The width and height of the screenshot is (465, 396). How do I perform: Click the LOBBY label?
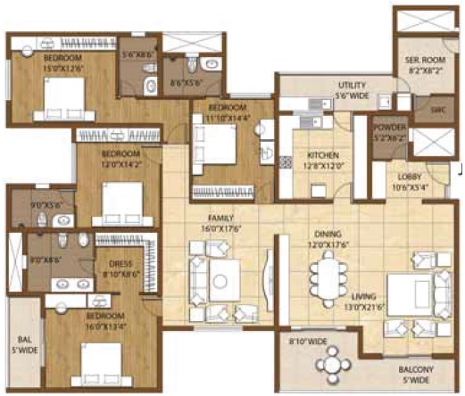pyautogui.click(x=411, y=182)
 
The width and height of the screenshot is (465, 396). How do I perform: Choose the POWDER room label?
pyautogui.click(x=390, y=130)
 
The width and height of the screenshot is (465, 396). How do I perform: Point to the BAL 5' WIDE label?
pyautogui.click(x=25, y=345)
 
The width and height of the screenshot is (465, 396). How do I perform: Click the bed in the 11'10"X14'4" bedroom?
pyautogui.click(x=219, y=143)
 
